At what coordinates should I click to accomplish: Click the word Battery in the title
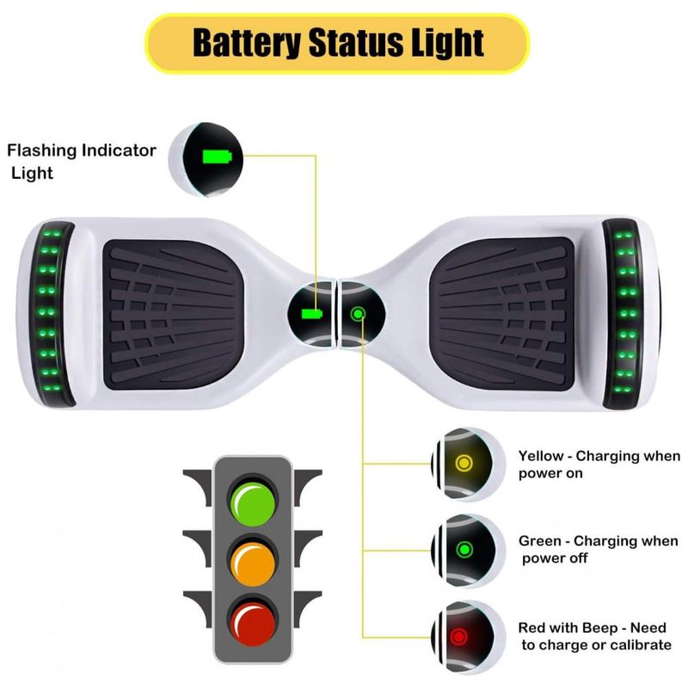click(x=247, y=42)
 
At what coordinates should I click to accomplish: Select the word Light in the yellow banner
click(x=445, y=42)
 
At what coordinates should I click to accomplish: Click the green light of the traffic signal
click(x=253, y=505)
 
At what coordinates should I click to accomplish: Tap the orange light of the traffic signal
click(x=253, y=564)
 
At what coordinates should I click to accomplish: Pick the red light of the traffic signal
click(x=253, y=624)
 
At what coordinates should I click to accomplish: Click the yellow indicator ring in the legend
click(x=464, y=463)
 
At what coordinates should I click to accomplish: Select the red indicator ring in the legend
click(x=459, y=636)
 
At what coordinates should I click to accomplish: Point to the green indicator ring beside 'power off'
click(x=464, y=550)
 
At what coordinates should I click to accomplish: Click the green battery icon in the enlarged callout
click(x=217, y=157)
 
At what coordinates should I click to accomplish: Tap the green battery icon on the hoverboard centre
click(x=312, y=314)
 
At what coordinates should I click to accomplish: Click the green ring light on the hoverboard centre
click(x=358, y=314)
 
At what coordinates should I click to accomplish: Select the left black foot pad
click(x=173, y=315)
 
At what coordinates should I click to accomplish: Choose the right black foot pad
click(x=502, y=315)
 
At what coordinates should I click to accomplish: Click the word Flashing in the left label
click(x=42, y=151)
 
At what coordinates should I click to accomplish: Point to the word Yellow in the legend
click(x=541, y=457)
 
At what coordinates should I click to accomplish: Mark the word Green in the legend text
click(x=540, y=541)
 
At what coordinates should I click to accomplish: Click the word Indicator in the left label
click(x=119, y=150)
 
